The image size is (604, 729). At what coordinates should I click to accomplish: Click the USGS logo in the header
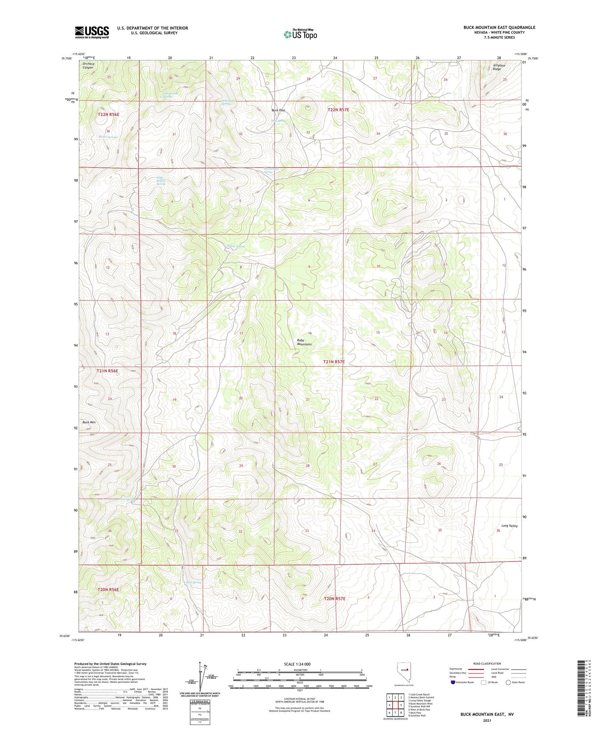[x=92, y=32]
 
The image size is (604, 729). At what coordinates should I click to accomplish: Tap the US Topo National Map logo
[x=300, y=34]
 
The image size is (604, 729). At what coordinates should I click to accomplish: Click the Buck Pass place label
[x=278, y=110]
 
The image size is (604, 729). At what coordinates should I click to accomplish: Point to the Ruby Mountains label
[x=304, y=342]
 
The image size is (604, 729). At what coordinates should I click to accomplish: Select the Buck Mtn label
[x=89, y=422]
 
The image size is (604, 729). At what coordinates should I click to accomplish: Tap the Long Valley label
[x=509, y=526]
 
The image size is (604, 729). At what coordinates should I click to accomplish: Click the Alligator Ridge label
[x=499, y=67]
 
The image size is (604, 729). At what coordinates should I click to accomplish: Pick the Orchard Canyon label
[x=88, y=66]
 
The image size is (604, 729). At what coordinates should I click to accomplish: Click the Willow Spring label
[x=235, y=246]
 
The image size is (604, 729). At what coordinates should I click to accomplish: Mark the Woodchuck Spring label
[x=271, y=170]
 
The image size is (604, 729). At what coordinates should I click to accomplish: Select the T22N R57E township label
[x=338, y=109]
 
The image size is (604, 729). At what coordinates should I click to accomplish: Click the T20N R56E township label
[x=108, y=589]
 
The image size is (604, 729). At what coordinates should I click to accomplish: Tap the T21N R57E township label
[x=334, y=362]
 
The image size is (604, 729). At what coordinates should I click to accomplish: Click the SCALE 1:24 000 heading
[x=297, y=664]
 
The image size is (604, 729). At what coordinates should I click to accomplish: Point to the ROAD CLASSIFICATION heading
[x=487, y=663]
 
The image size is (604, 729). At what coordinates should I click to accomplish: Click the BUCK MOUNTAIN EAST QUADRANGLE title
[x=499, y=27]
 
